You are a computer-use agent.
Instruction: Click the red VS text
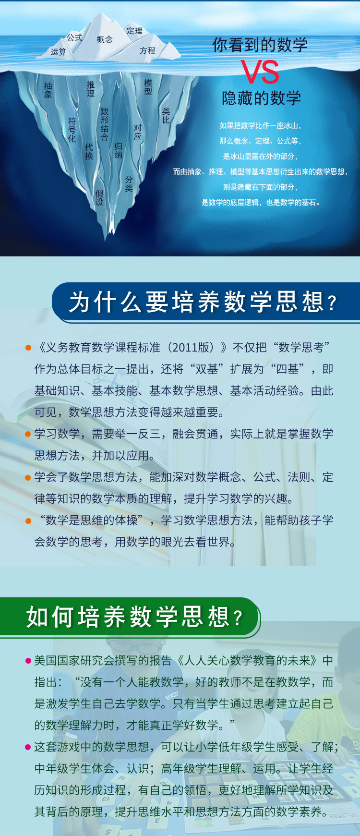260,72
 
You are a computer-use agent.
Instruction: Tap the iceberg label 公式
74,37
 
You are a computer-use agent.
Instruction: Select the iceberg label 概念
105,39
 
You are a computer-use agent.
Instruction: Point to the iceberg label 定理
134,31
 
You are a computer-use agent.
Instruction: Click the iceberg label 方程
147,50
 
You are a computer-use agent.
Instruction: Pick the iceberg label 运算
59,52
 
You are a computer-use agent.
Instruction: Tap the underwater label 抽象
48,90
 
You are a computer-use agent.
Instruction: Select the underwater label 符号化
72,130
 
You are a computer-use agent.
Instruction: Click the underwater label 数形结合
104,124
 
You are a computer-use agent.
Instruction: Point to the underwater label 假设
99,198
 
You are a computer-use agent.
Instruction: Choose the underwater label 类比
166,115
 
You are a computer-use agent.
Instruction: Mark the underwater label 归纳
118,150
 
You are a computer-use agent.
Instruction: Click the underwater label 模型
148,87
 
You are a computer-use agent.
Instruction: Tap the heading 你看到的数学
260,45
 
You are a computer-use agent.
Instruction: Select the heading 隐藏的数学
262,98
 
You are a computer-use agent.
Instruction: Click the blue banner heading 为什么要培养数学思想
203,302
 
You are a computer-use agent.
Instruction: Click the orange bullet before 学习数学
28,434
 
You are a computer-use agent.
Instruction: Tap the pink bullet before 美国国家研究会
28,661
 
